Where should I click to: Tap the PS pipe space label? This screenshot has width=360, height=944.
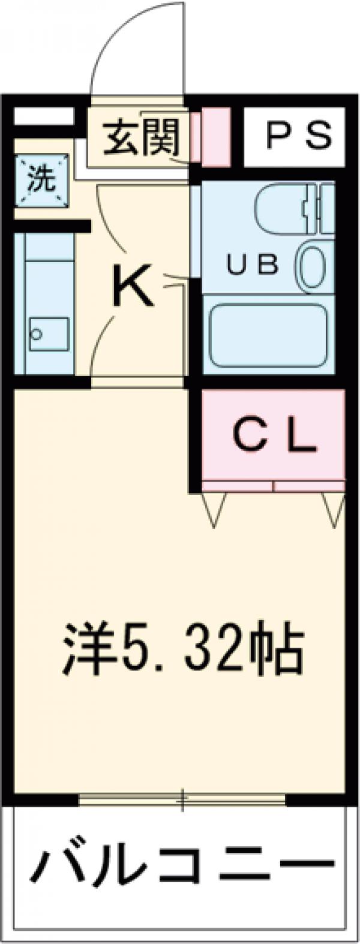[x=298, y=136]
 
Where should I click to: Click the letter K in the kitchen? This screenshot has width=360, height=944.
[x=133, y=287]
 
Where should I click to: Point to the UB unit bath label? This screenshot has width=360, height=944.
[x=253, y=264]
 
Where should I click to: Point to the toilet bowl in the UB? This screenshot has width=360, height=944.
[x=313, y=266]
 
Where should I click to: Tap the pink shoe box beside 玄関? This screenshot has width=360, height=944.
[x=215, y=137]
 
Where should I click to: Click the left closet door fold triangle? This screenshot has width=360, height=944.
[x=215, y=510]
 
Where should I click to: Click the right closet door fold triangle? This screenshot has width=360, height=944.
[x=334, y=510]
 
